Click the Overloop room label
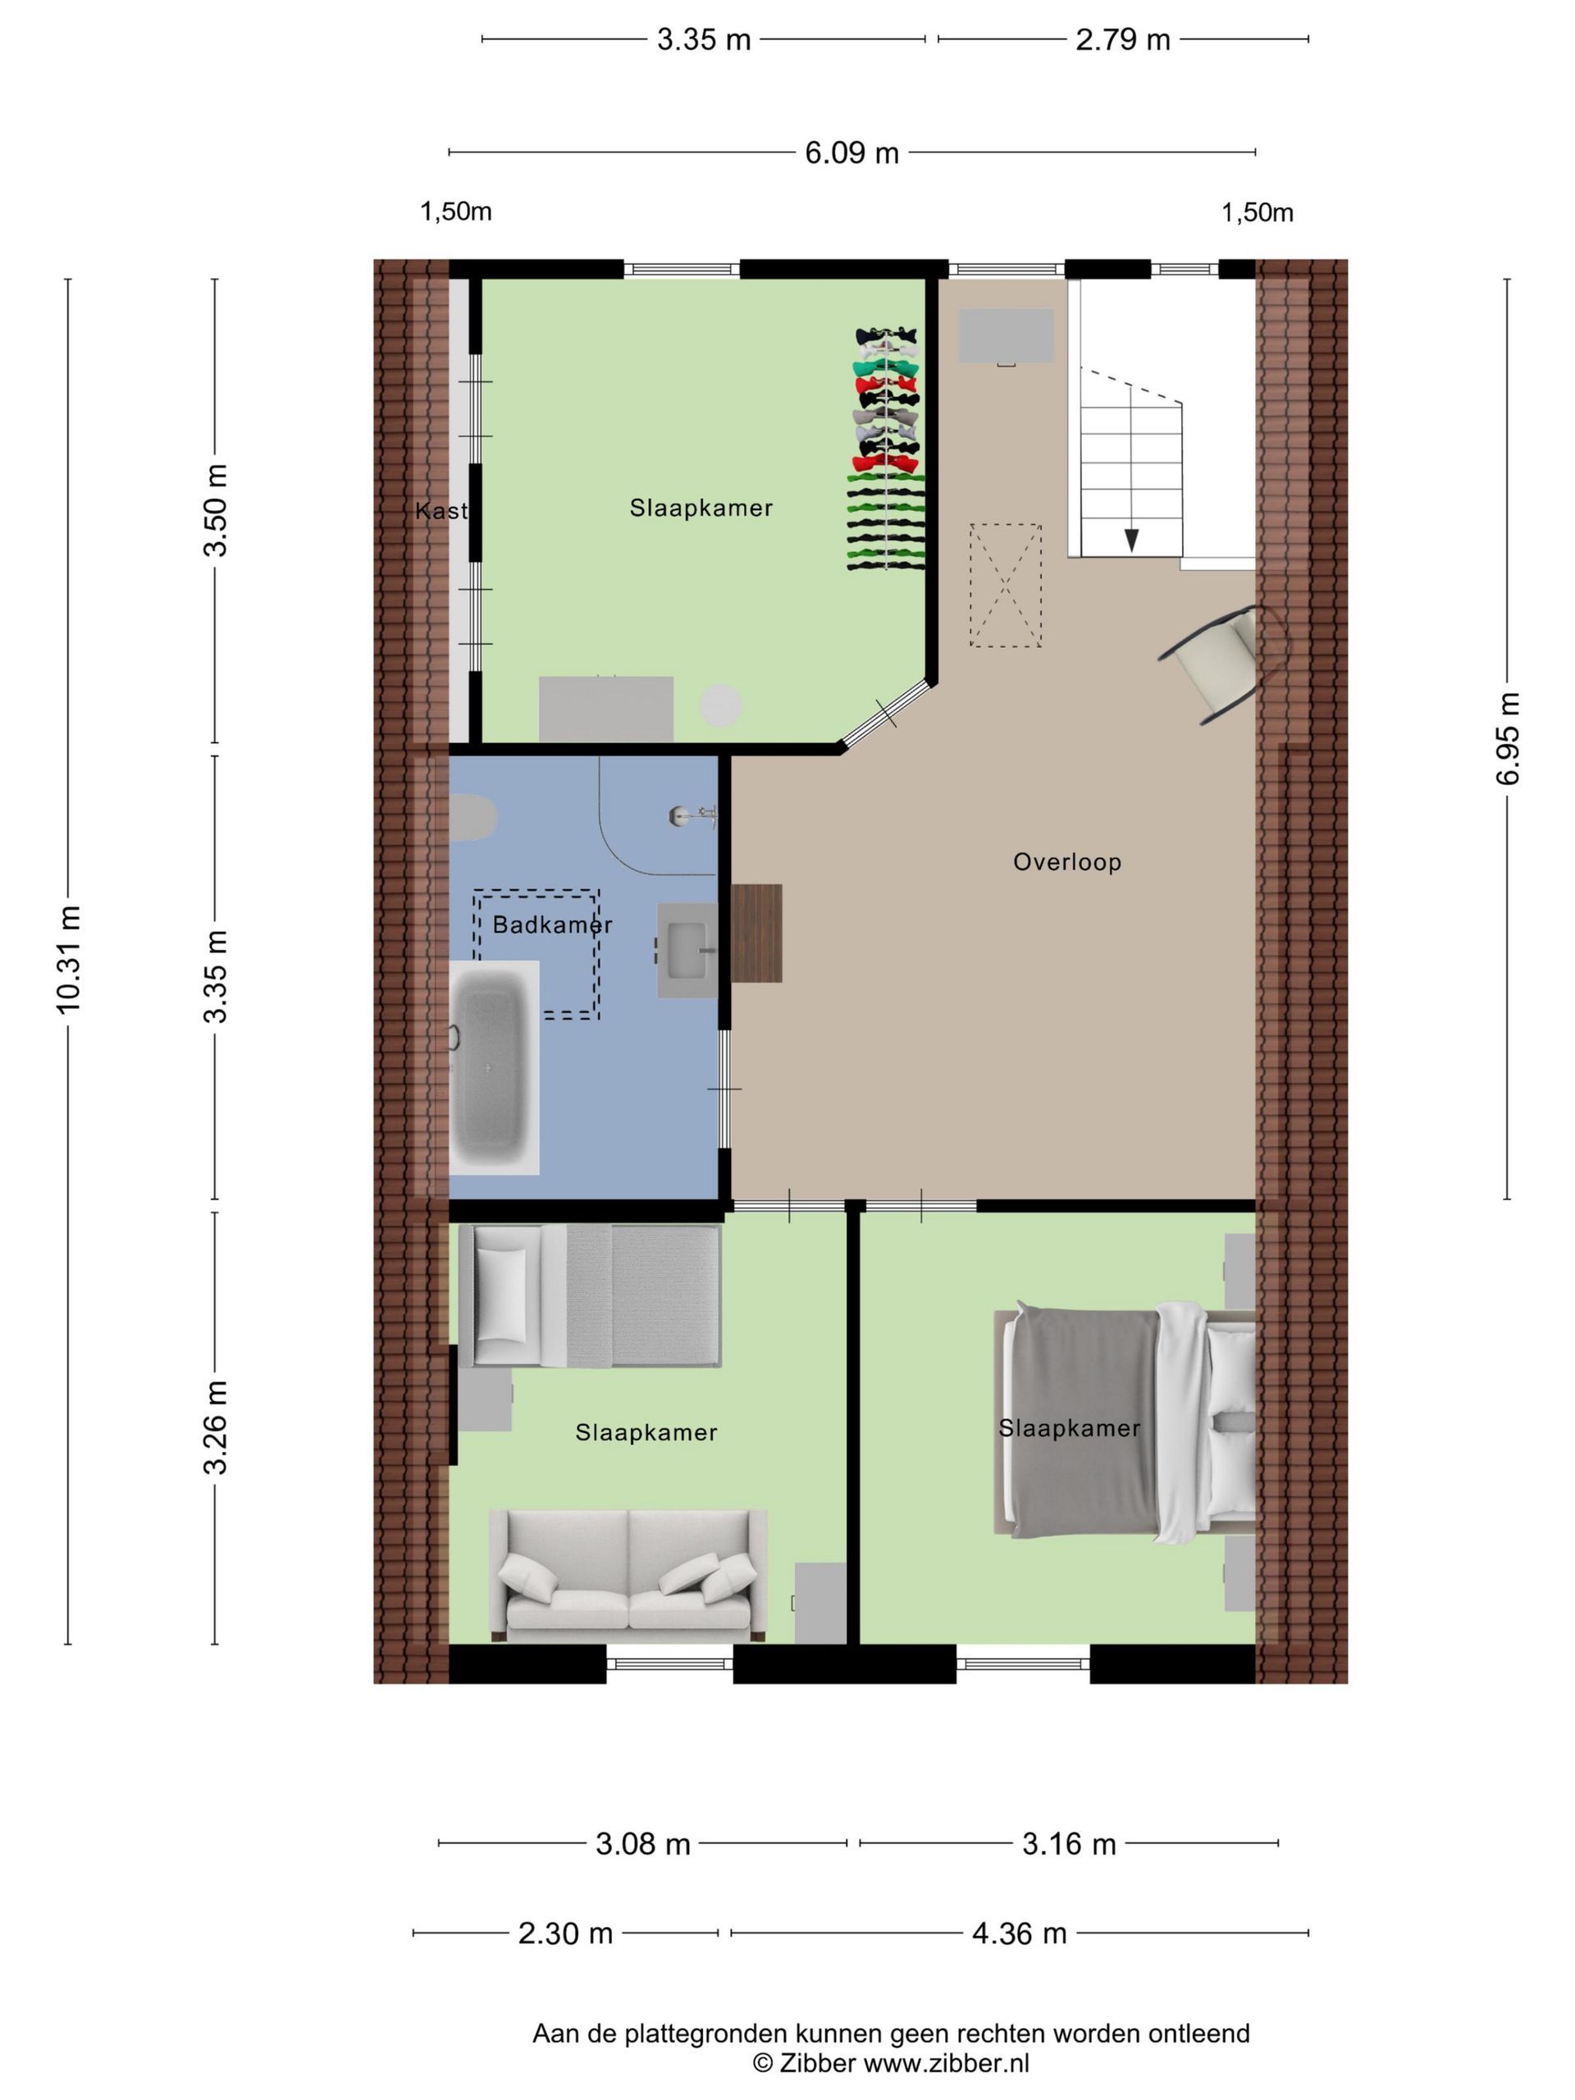pos(1066,862)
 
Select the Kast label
pos(441,511)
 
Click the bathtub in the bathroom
pos(494,1067)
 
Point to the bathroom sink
pos(688,949)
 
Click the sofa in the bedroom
pos(628,1576)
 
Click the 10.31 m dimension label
pos(69,961)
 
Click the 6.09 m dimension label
pos(851,153)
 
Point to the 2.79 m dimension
pos(1122,40)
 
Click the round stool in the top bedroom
pos(720,705)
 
